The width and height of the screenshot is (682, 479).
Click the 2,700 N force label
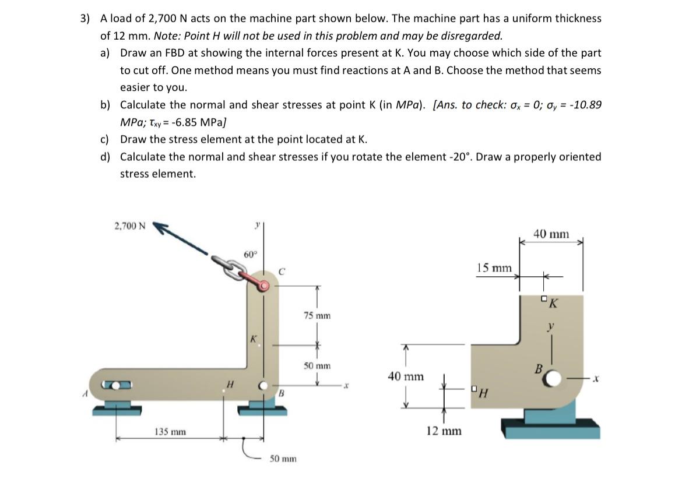click(131, 226)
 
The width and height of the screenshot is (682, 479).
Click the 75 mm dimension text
click(317, 315)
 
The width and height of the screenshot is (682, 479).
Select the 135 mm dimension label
click(170, 431)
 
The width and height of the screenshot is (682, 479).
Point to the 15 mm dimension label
click(493, 268)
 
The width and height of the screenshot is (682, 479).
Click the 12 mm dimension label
click(443, 431)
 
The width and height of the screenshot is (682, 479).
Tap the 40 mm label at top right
click(551, 234)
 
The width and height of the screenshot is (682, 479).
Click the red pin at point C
click(264, 286)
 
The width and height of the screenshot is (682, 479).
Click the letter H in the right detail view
click(484, 393)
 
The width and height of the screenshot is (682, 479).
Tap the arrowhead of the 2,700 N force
click(160, 228)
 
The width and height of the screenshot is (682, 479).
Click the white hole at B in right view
click(551, 379)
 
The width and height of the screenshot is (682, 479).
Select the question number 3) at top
click(85, 19)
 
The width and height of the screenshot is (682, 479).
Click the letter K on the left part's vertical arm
click(253, 338)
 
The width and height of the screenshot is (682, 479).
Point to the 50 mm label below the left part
click(282, 459)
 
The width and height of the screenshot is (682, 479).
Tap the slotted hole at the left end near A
click(117, 385)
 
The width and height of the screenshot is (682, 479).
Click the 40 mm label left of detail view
click(405, 376)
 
